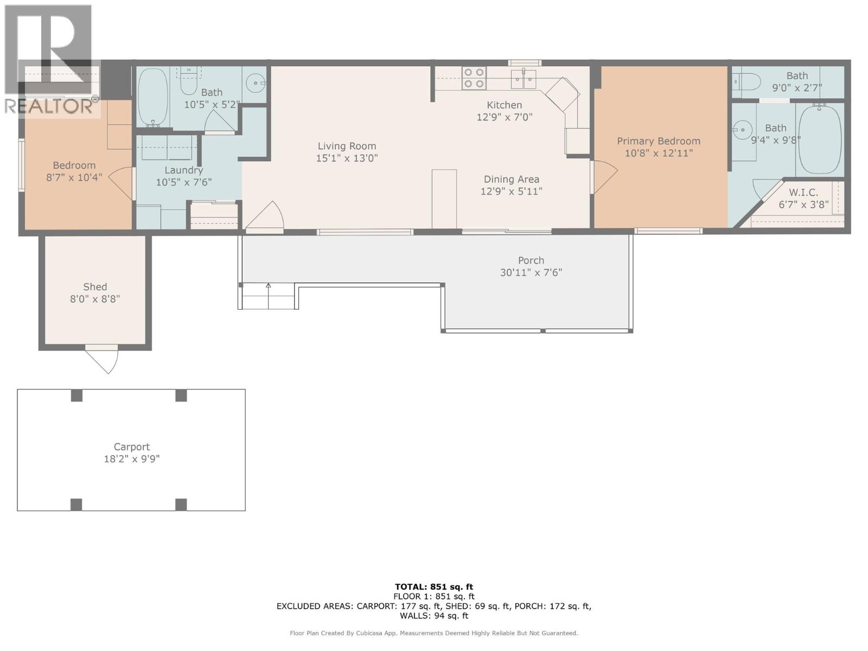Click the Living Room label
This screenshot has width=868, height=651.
pos(347,146)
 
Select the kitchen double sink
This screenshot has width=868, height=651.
pos(524,79)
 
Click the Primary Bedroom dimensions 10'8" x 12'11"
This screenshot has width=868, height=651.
pos(658,153)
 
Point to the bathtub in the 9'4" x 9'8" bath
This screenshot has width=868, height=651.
pos(820,139)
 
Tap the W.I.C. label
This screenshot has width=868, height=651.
pos(803,193)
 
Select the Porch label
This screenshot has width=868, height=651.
pos(531,260)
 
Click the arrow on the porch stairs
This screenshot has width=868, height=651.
pos(268,286)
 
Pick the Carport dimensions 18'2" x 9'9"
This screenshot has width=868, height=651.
pos(131,459)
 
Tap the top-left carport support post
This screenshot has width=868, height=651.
pos(76,395)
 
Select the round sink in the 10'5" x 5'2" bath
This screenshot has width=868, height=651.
pos(254,83)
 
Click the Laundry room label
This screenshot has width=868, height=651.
pos(183,170)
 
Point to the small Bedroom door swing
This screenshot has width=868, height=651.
pos(122,182)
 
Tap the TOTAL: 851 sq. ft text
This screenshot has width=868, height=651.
pos(433,586)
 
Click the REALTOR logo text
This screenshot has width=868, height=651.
pos(49,106)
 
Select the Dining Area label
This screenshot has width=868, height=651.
pos(511,179)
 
